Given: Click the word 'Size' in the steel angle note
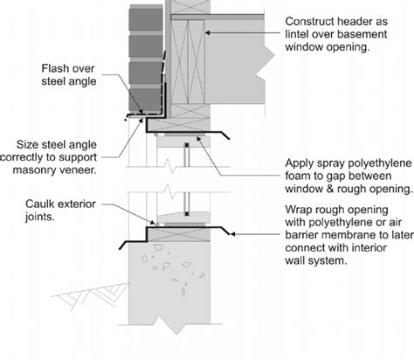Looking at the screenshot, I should click(x=24, y=144).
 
